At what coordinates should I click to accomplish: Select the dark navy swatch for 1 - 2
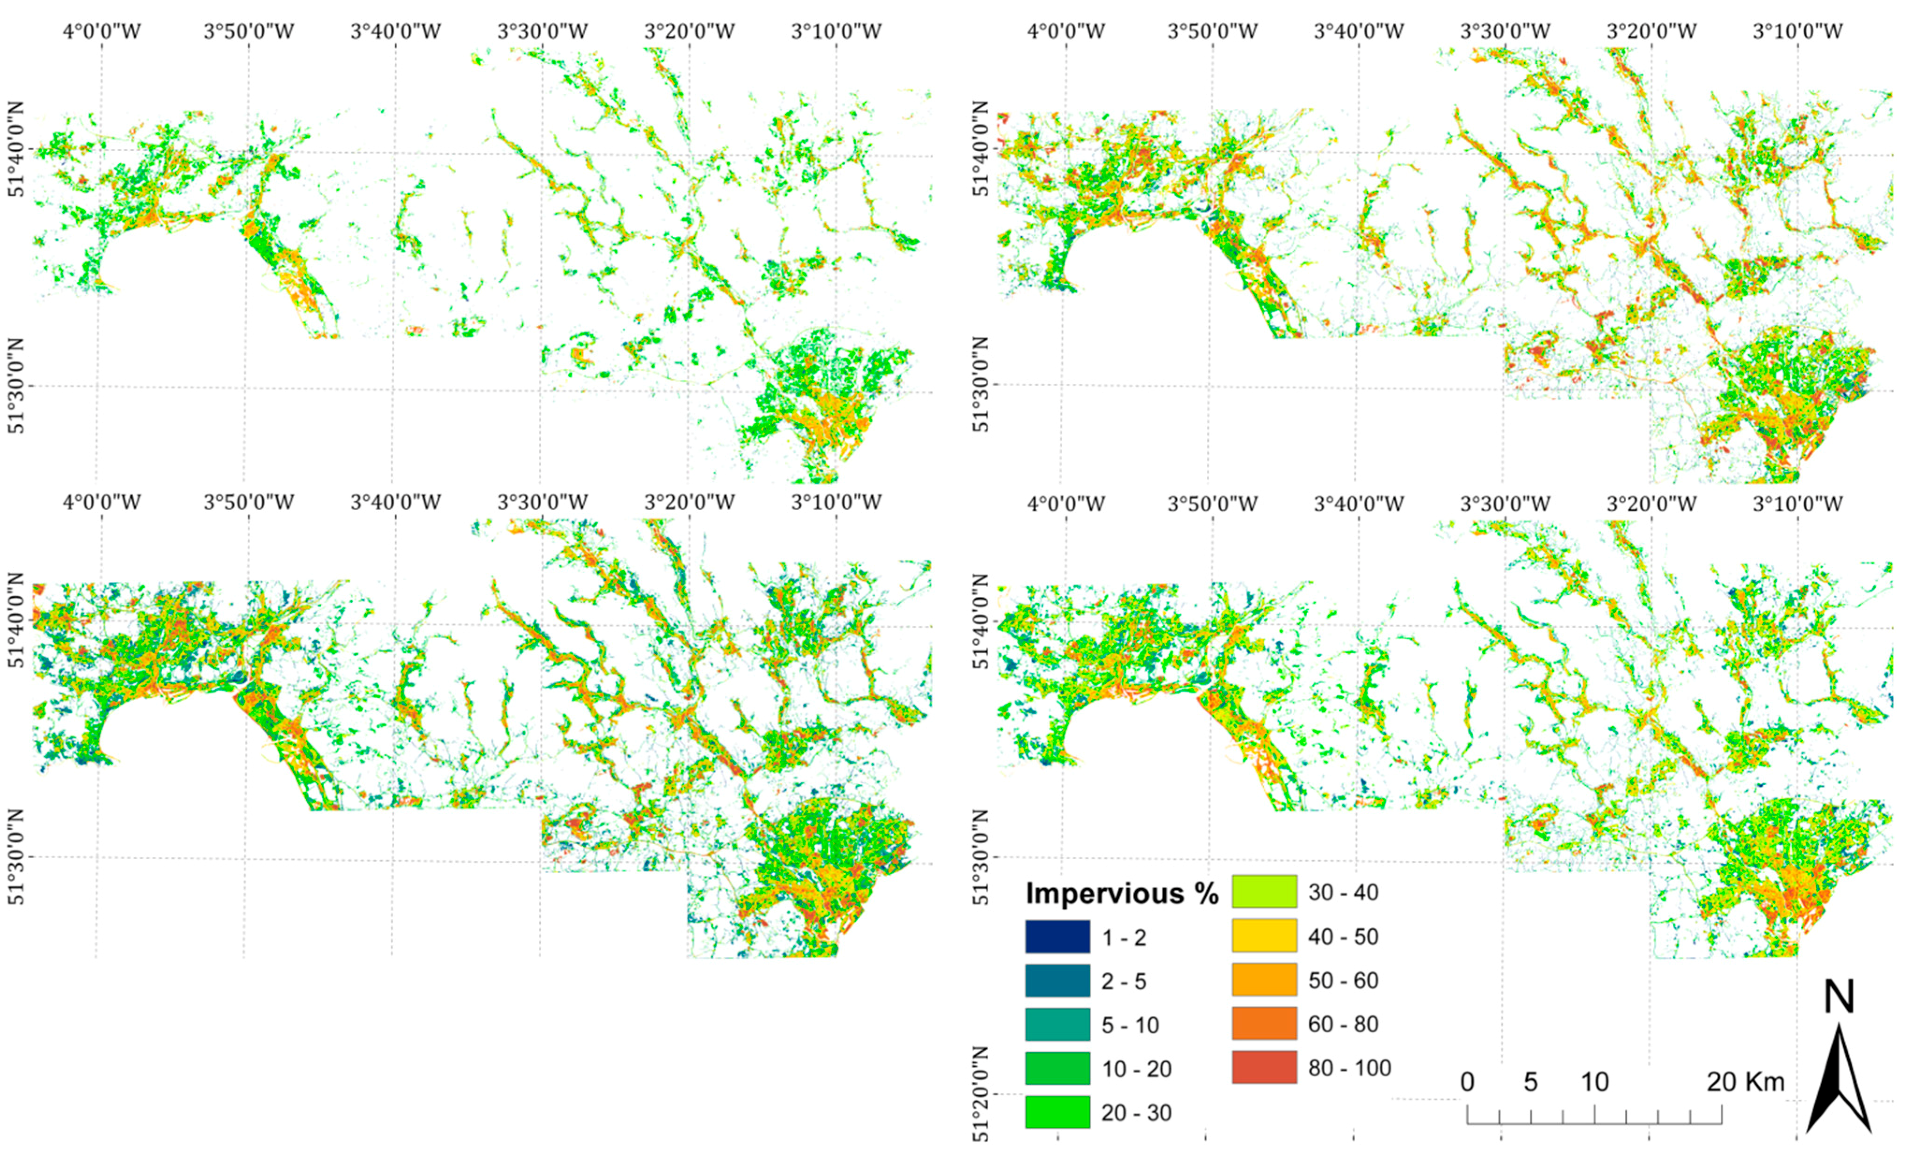[x=1057, y=937]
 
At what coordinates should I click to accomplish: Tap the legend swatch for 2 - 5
[x=1057, y=981]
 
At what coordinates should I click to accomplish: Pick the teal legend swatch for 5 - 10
[x=1057, y=1025]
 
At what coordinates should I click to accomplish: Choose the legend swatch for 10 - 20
[x=1057, y=1069]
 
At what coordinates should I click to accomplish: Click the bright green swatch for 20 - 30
[x=1057, y=1112]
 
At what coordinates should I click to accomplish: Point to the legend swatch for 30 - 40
[x=1264, y=892]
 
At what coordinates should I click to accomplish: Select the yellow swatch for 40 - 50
[x=1264, y=936]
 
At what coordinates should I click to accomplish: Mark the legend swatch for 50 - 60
[x=1264, y=980]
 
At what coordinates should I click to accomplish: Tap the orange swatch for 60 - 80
[x=1264, y=1024]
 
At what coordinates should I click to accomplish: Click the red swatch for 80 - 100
[x=1264, y=1067]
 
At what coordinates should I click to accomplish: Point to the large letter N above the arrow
[x=1839, y=998]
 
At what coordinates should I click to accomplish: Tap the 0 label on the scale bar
[x=1467, y=1081]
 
